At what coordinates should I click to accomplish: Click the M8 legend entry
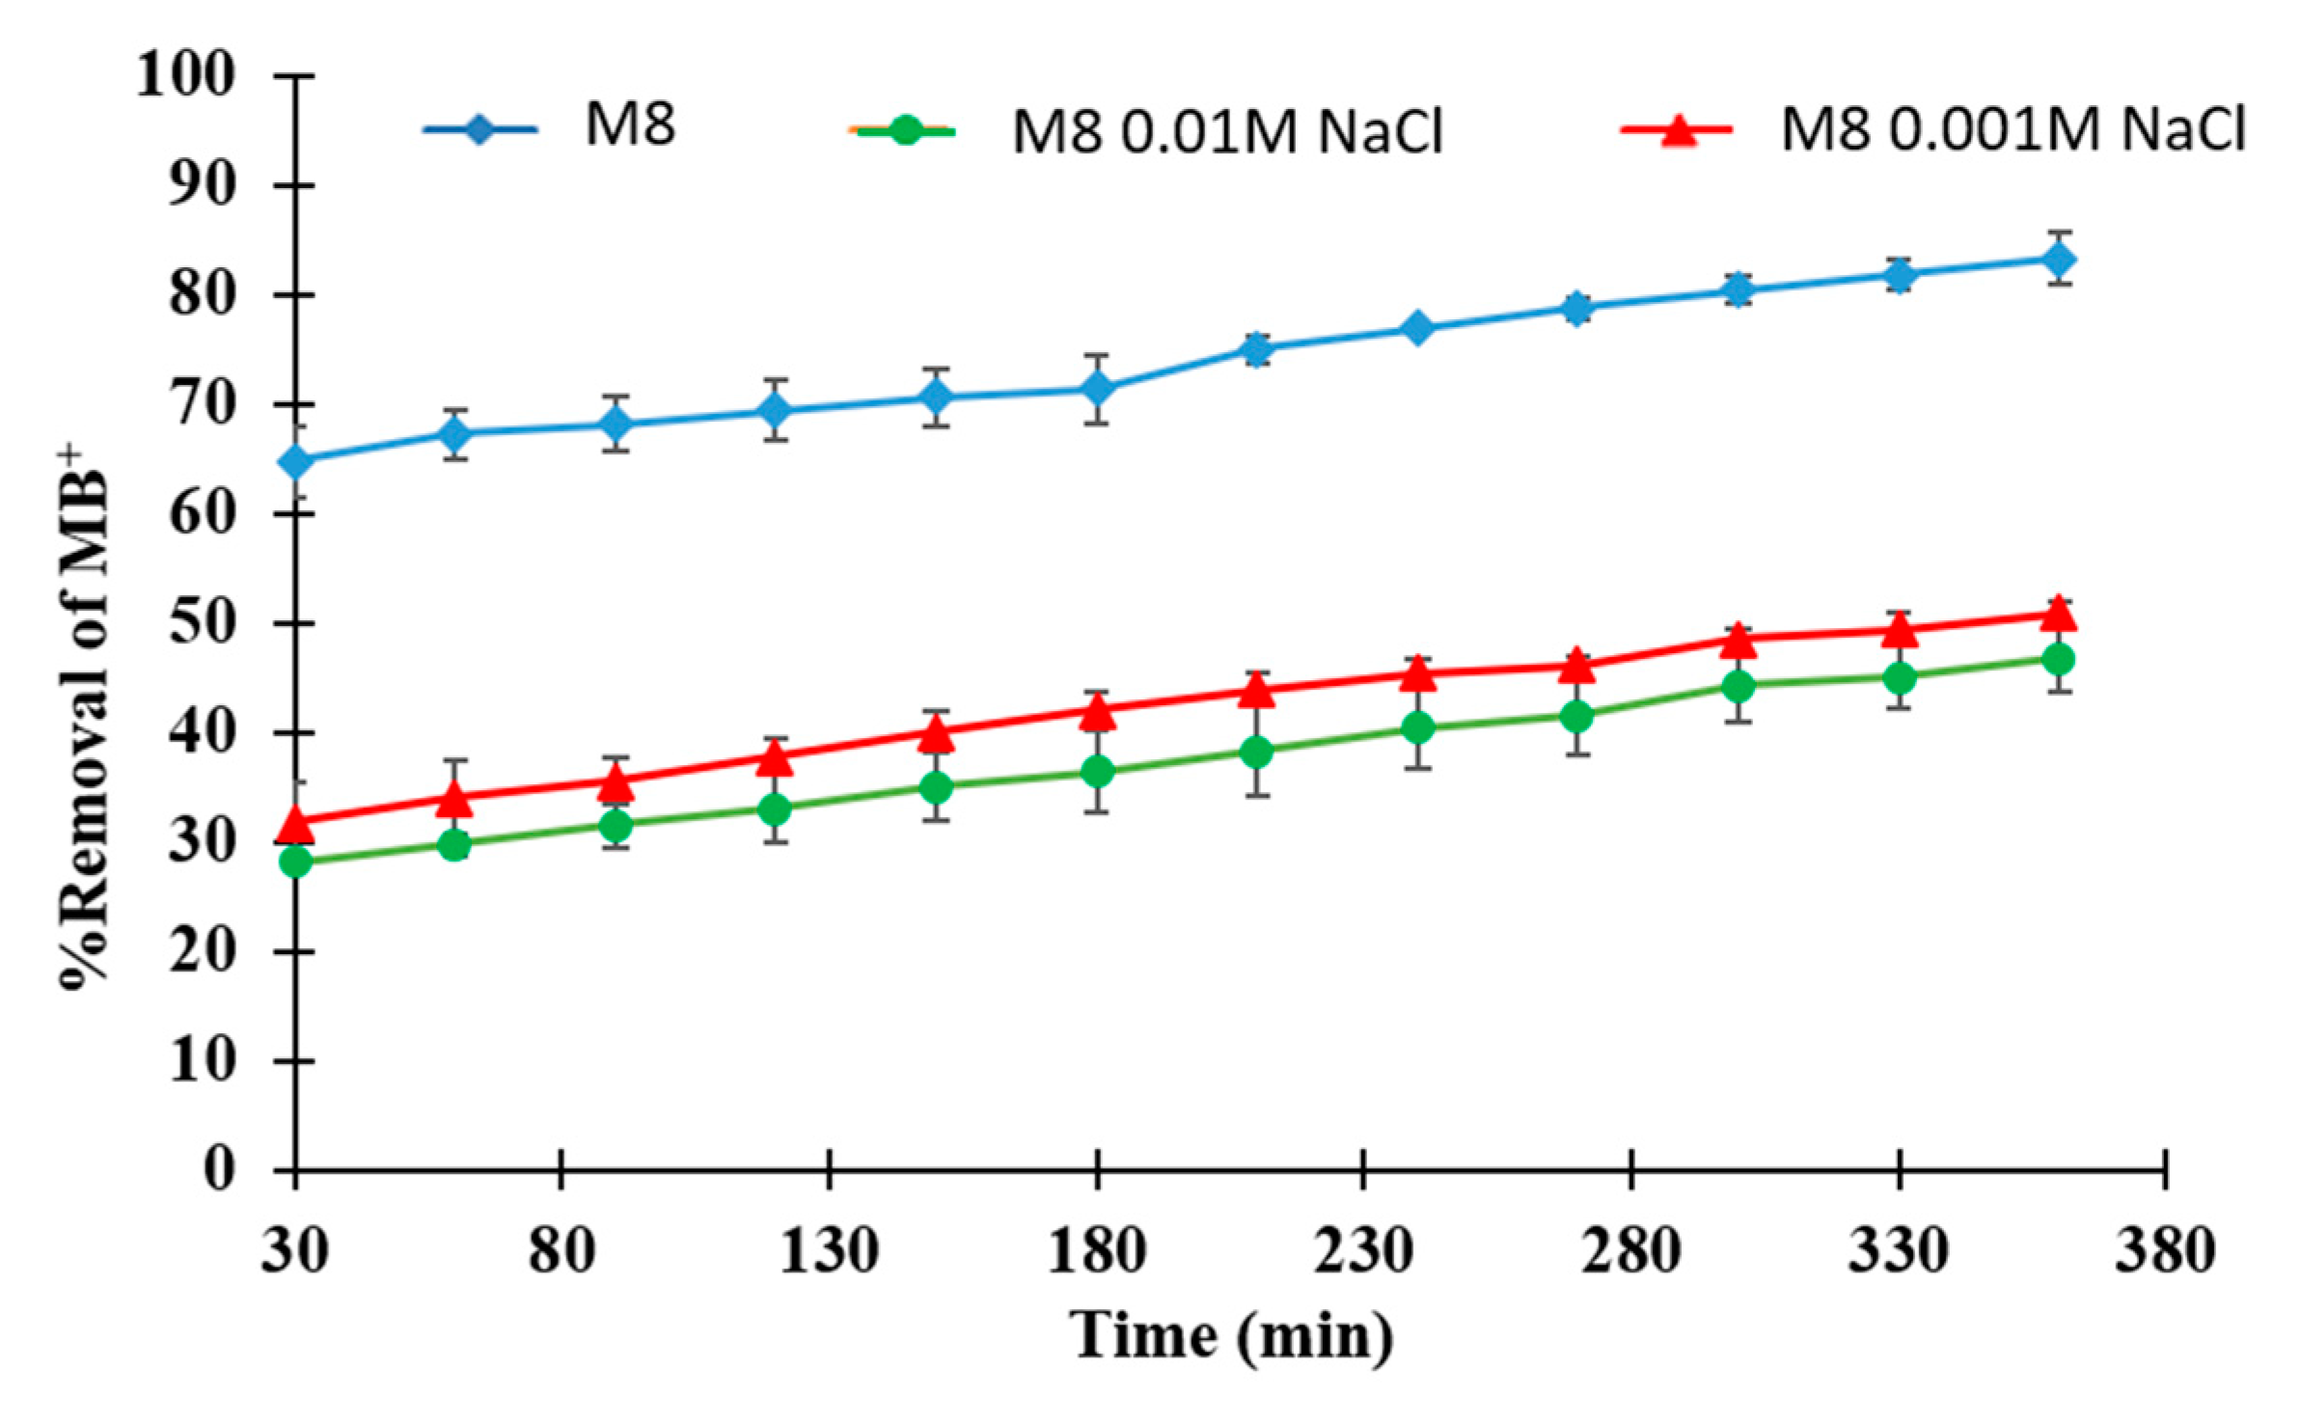point(629,125)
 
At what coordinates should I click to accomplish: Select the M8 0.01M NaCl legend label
point(1226,132)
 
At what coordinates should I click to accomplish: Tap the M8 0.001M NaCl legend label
point(2013,128)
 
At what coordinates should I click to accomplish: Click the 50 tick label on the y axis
point(202,623)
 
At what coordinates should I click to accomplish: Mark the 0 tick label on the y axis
point(219,1169)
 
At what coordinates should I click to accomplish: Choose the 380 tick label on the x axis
point(2165,1252)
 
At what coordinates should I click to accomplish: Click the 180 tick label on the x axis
point(1097,1252)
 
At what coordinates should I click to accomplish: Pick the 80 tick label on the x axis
point(562,1252)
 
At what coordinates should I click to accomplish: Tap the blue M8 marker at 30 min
point(295,461)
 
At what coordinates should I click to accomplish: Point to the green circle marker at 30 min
point(295,861)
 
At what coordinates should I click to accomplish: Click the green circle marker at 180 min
point(1097,772)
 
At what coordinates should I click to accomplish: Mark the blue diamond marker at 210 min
point(1256,348)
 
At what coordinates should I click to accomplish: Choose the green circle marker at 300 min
point(1739,686)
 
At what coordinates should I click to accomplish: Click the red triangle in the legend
point(1679,130)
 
